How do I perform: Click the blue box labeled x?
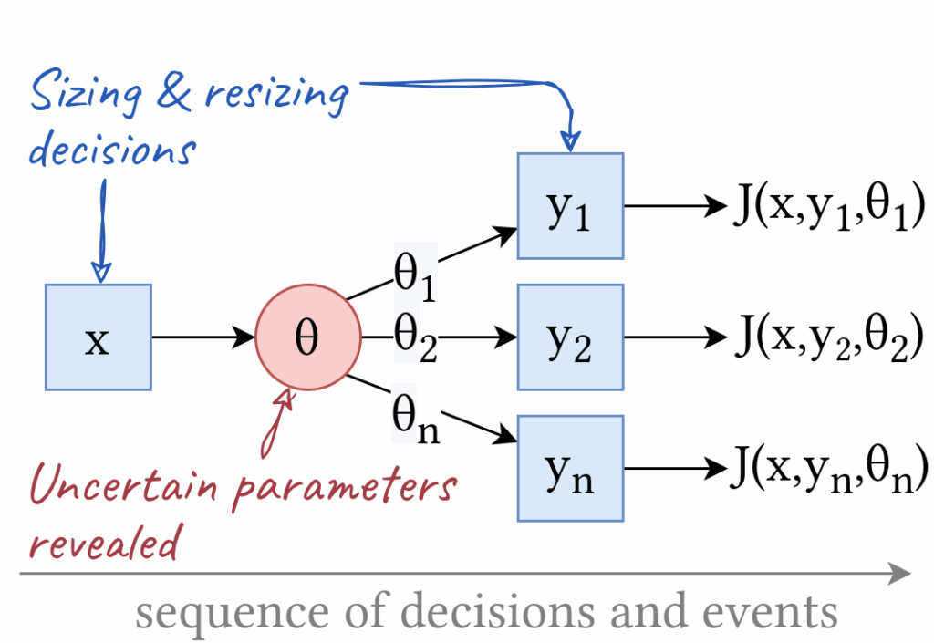[x=98, y=337]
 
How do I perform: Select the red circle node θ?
[x=308, y=337]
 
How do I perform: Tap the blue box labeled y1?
[x=570, y=206]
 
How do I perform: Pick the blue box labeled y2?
[x=570, y=337]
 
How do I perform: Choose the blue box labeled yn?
[x=570, y=468]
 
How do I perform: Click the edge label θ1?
[x=415, y=274]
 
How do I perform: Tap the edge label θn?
[x=415, y=417]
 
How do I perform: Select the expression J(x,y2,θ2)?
[x=829, y=337]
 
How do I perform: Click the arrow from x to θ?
[x=202, y=337]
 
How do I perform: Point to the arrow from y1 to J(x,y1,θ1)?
[x=675, y=206]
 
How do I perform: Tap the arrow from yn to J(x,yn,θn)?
[x=675, y=469]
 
